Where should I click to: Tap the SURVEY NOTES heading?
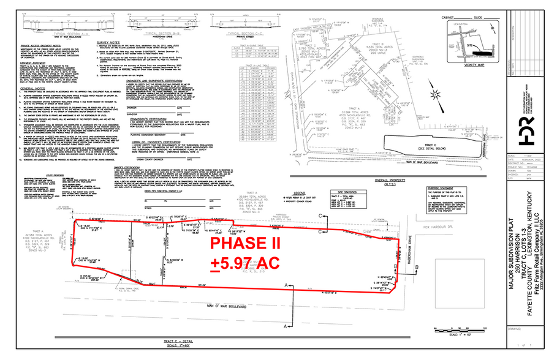[x=107, y=42]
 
